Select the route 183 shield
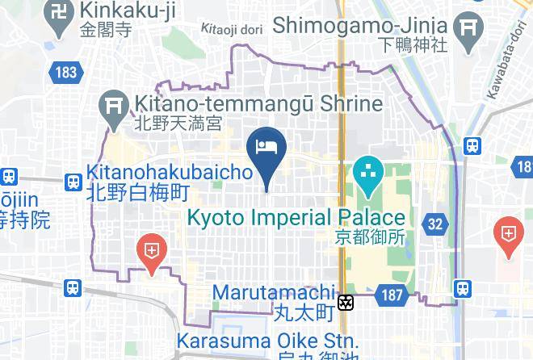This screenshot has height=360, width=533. tap(67, 73)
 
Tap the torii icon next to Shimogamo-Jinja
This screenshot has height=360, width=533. tap(468, 30)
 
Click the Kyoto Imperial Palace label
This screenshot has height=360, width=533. tap(296, 217)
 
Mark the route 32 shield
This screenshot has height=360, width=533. tap(437, 224)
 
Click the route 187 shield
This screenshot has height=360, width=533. tap(392, 295)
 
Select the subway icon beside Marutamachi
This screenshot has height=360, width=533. tap(346, 303)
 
